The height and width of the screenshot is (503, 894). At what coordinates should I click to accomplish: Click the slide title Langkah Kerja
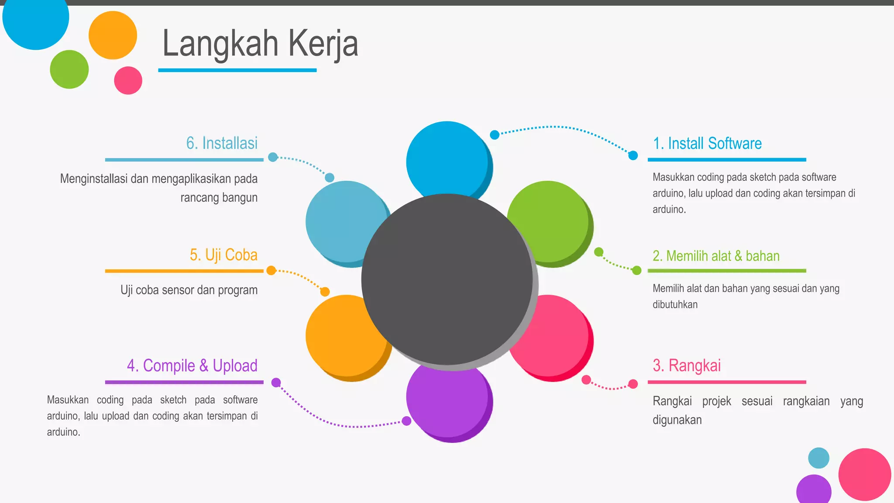(260, 44)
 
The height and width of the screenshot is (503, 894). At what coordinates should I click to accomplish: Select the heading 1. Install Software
(707, 144)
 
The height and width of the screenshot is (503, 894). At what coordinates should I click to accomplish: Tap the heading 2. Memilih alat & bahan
(716, 256)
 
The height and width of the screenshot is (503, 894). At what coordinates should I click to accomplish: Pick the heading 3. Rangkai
(687, 366)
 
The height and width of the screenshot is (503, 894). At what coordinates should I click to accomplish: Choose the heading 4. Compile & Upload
(192, 366)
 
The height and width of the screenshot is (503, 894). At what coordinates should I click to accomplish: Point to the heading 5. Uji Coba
(223, 255)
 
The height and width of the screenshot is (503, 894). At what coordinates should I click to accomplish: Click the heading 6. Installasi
(222, 143)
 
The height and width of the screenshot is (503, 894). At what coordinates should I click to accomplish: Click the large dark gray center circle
(447, 279)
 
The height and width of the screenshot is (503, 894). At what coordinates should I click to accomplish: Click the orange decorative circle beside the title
(113, 35)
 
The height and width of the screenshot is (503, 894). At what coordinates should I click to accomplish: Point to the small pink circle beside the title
(128, 80)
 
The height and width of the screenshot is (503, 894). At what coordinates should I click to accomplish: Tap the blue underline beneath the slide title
(237, 70)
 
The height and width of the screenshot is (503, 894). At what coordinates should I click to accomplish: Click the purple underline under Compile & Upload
(184, 382)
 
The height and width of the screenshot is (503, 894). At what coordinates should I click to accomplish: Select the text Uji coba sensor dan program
(189, 290)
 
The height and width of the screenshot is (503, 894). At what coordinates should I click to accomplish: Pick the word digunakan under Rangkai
(677, 420)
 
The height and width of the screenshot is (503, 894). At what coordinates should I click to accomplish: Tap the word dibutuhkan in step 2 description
(675, 305)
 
